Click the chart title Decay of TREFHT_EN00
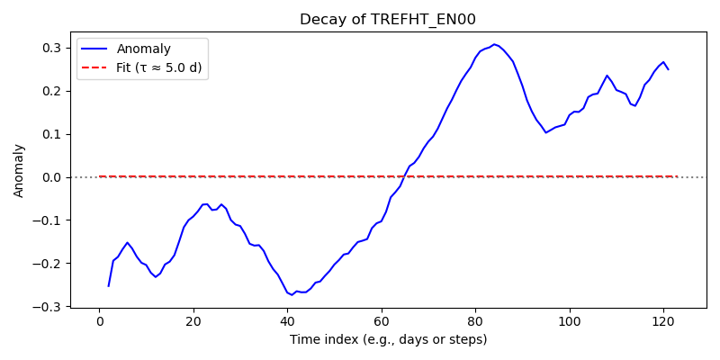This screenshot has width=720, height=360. (388, 20)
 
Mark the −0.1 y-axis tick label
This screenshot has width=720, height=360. (50, 220)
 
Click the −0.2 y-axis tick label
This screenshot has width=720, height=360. (50, 264)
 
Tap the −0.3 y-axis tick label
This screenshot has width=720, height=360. (50, 306)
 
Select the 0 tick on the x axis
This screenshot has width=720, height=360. (99, 320)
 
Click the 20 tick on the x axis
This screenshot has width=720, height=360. (193, 320)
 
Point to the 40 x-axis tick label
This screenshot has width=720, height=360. (287, 320)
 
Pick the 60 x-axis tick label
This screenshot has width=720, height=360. (381, 320)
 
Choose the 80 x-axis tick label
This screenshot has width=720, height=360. (475, 320)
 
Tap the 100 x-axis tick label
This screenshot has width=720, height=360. (570, 320)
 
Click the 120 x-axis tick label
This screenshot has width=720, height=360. (663, 320)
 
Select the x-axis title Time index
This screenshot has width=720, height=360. (388, 340)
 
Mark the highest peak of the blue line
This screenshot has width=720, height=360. (494, 44)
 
